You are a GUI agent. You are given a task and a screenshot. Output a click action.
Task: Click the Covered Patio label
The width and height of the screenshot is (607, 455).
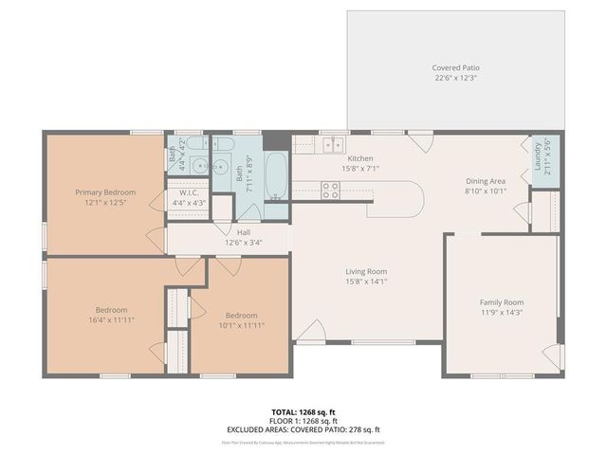456,68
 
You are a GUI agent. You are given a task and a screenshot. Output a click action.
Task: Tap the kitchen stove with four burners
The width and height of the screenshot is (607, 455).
330,191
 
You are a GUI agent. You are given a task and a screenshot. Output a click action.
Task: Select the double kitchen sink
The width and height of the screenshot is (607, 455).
332,145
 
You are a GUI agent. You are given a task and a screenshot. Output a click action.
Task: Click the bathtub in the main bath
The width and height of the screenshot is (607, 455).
275,177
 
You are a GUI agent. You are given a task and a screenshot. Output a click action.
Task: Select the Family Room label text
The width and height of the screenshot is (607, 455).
502,301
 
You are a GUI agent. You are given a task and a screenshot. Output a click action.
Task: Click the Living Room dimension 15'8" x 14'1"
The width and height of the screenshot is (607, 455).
365,281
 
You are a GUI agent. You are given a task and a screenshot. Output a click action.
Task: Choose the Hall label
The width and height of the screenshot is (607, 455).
244,232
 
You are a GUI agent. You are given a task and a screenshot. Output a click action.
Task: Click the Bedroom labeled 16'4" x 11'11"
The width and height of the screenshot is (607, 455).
111,310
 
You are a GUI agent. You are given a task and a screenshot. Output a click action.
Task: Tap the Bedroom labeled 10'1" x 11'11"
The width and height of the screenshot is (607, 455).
241,316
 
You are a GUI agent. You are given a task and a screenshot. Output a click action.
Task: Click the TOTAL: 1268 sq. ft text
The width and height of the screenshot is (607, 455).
303,412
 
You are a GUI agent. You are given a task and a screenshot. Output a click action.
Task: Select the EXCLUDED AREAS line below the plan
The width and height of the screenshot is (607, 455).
303,429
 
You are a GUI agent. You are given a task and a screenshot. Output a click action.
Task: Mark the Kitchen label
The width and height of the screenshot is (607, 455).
360,158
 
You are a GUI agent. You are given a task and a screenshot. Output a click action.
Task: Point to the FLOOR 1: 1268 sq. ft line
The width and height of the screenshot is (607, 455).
303,421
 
